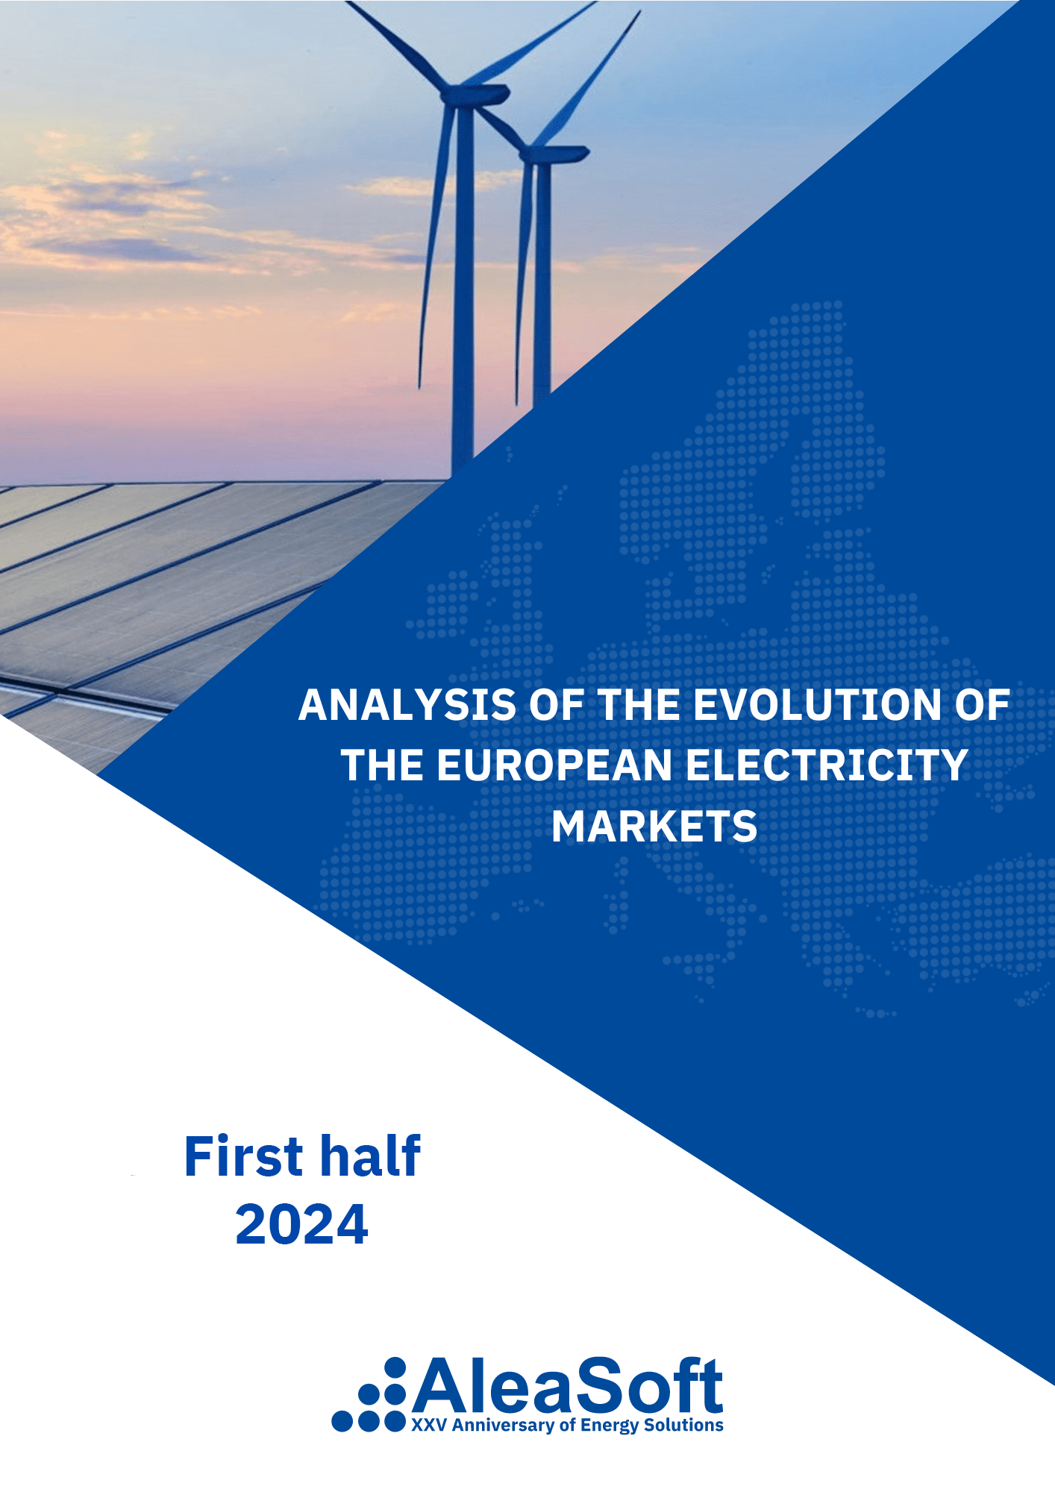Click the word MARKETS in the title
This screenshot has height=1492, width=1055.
point(654,827)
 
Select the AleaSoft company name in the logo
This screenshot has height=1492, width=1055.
point(567,1386)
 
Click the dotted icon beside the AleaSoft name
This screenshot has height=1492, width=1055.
point(371,1397)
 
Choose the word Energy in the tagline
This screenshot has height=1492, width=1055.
point(610,1426)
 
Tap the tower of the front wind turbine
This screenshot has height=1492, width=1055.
point(463,298)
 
